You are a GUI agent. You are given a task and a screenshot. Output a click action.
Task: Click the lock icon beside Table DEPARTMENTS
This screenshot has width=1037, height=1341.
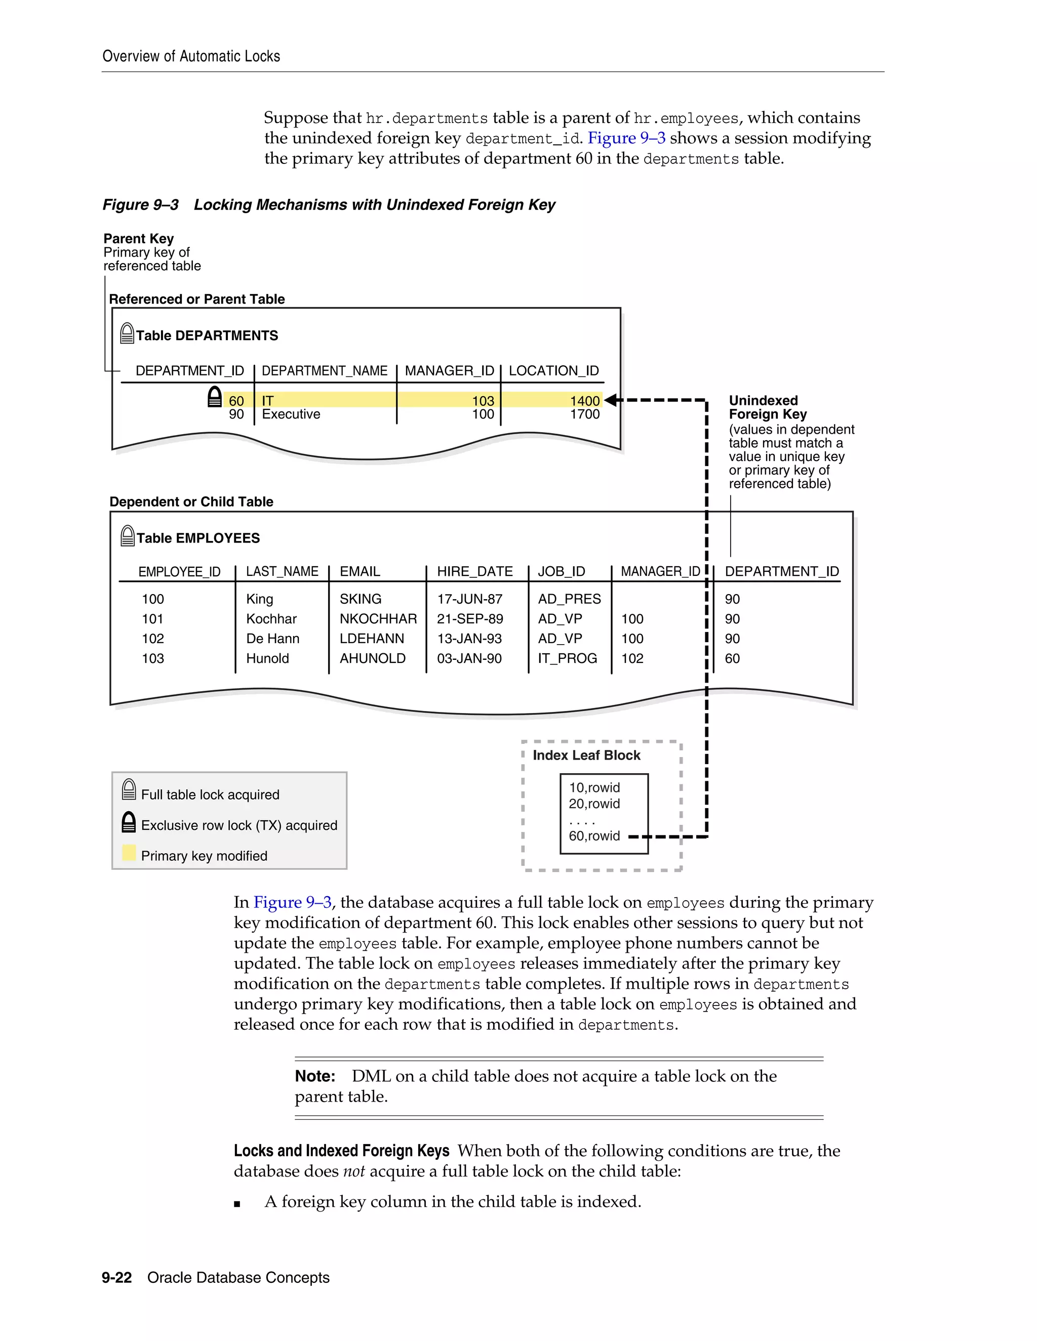click(127, 333)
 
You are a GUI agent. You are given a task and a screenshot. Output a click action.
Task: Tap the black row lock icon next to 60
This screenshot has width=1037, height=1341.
click(214, 397)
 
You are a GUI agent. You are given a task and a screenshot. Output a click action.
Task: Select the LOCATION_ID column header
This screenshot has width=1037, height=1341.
click(553, 371)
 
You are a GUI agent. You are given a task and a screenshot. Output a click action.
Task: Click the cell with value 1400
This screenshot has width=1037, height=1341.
click(584, 401)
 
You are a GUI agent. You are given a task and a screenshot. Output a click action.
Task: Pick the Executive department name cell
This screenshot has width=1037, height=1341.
click(291, 414)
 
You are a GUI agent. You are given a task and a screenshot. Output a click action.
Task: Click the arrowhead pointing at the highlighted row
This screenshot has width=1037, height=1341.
click(611, 400)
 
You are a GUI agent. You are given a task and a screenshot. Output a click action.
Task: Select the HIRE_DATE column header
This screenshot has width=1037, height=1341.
click(474, 572)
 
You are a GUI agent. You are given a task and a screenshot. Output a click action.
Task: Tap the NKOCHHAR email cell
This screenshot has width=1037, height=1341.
click(378, 619)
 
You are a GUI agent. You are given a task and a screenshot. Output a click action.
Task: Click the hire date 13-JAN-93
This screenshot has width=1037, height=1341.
click(469, 639)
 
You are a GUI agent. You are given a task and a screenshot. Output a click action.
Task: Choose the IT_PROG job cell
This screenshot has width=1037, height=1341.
click(567, 658)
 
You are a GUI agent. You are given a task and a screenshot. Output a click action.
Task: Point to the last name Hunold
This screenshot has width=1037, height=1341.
click(267, 658)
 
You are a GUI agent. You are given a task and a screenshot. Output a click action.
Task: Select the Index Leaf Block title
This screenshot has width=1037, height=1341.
click(586, 755)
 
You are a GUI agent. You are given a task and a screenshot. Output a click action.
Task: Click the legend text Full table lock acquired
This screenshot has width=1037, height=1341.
click(210, 794)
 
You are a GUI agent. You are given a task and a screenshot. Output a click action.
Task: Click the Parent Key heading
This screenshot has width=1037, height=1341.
click(138, 239)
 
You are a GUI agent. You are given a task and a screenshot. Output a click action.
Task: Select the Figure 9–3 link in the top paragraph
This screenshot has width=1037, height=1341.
click(626, 138)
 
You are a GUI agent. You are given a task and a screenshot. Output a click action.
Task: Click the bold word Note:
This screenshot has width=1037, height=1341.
click(314, 1076)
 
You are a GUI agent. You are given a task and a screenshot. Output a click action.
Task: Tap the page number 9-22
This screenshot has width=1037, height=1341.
click(117, 1277)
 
